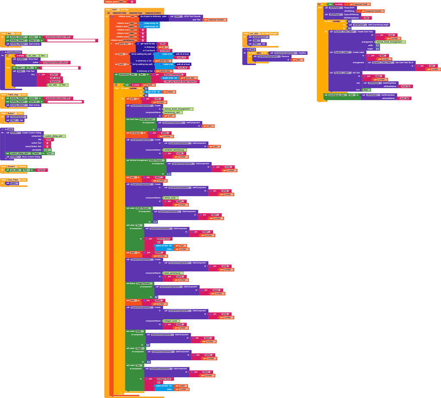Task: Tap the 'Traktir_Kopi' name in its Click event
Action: [13, 95]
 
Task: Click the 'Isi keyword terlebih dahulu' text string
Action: [56, 62]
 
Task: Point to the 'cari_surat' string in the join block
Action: [55, 78]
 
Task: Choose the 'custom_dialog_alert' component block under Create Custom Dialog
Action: [55, 136]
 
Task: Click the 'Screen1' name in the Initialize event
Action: [11, 166]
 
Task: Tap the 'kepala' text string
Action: [41, 170]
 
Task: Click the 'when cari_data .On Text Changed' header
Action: [260, 33]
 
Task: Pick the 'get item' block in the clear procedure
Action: [297, 60]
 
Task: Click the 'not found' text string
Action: [165, 50]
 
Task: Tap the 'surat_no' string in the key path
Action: [181, 57]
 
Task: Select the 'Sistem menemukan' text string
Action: [174, 75]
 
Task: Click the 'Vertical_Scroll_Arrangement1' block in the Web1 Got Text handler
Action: [178, 109]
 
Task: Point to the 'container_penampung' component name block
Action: [175, 150]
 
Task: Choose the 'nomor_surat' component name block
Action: [170, 198]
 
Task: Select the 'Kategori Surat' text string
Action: [166, 379]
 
